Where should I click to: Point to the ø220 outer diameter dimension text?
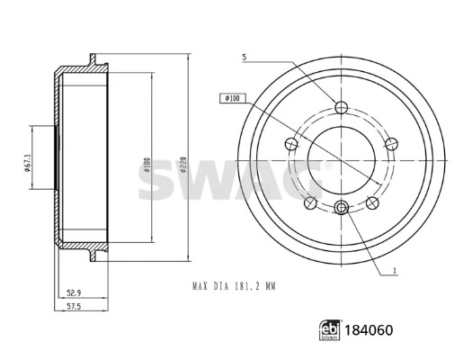coord(183,163)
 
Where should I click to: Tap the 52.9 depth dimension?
coord(76,292)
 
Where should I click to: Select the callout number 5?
coord(244,59)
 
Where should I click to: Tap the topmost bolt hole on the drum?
coord(341,109)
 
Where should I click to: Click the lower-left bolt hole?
coord(308,204)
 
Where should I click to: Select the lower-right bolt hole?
coord(371,204)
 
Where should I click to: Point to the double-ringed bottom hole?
coord(341,210)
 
